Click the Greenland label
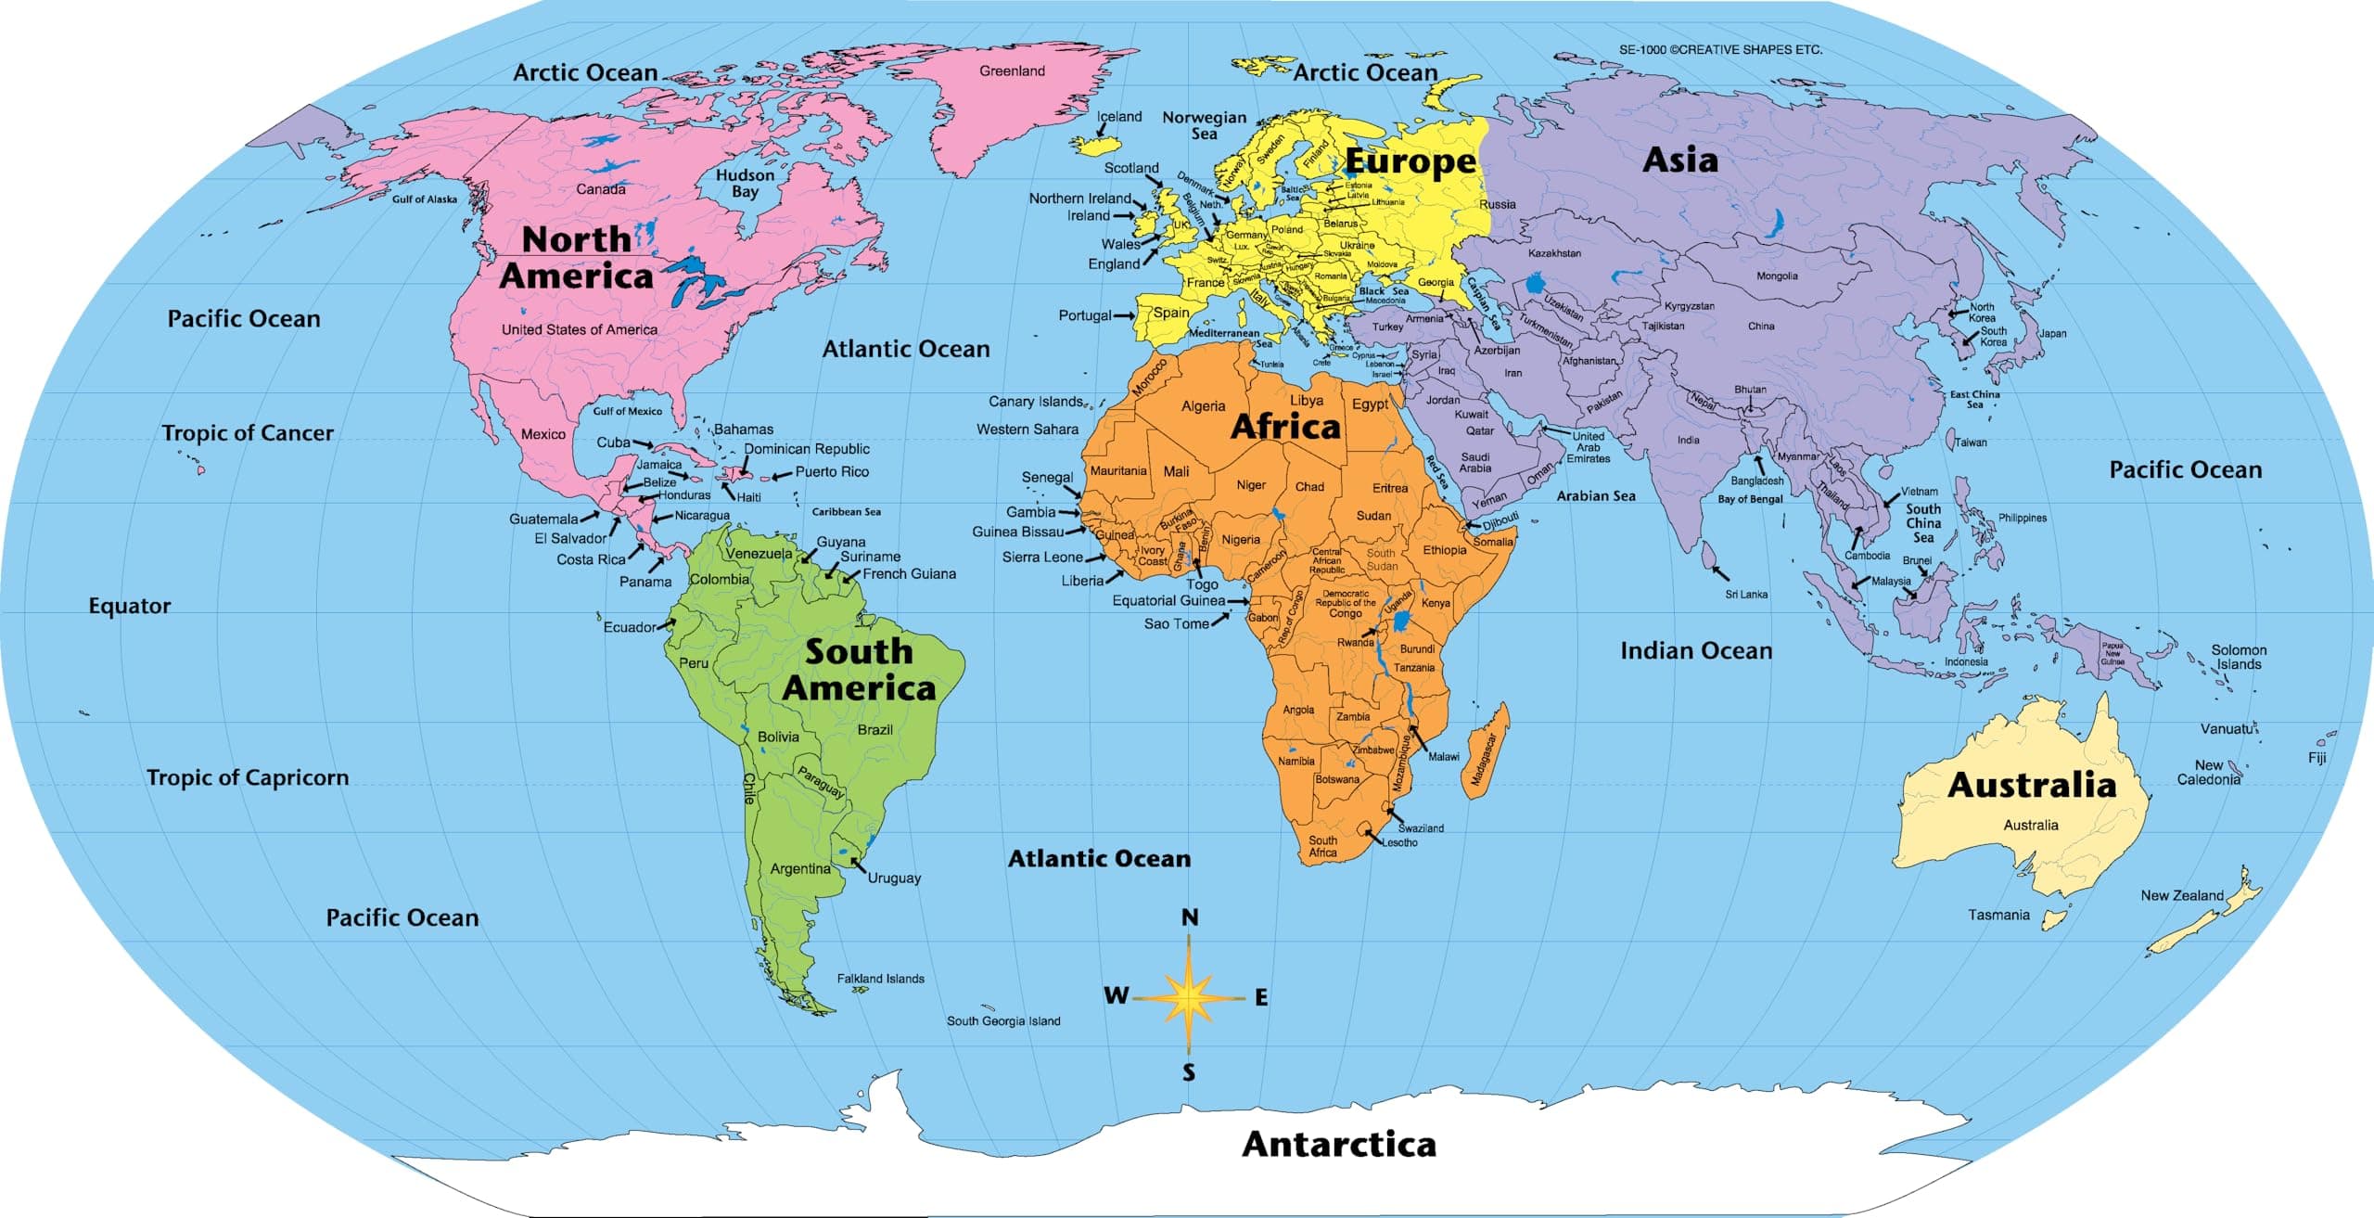(x=1012, y=71)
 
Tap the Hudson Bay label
(x=745, y=183)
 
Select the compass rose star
(x=1189, y=998)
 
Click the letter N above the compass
(x=1190, y=917)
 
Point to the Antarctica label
(x=1339, y=1144)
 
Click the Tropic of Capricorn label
(x=248, y=777)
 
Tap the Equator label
(x=130, y=606)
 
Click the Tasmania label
(x=1998, y=915)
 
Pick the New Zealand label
(x=2182, y=895)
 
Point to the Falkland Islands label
(x=880, y=978)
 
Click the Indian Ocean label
(x=1696, y=651)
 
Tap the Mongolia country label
(x=1777, y=276)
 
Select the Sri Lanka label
(x=1746, y=594)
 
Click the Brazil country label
(x=874, y=729)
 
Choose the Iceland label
(x=1119, y=117)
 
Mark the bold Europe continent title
(x=1410, y=161)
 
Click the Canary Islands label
(x=1035, y=402)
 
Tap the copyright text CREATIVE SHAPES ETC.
(x=1720, y=50)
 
